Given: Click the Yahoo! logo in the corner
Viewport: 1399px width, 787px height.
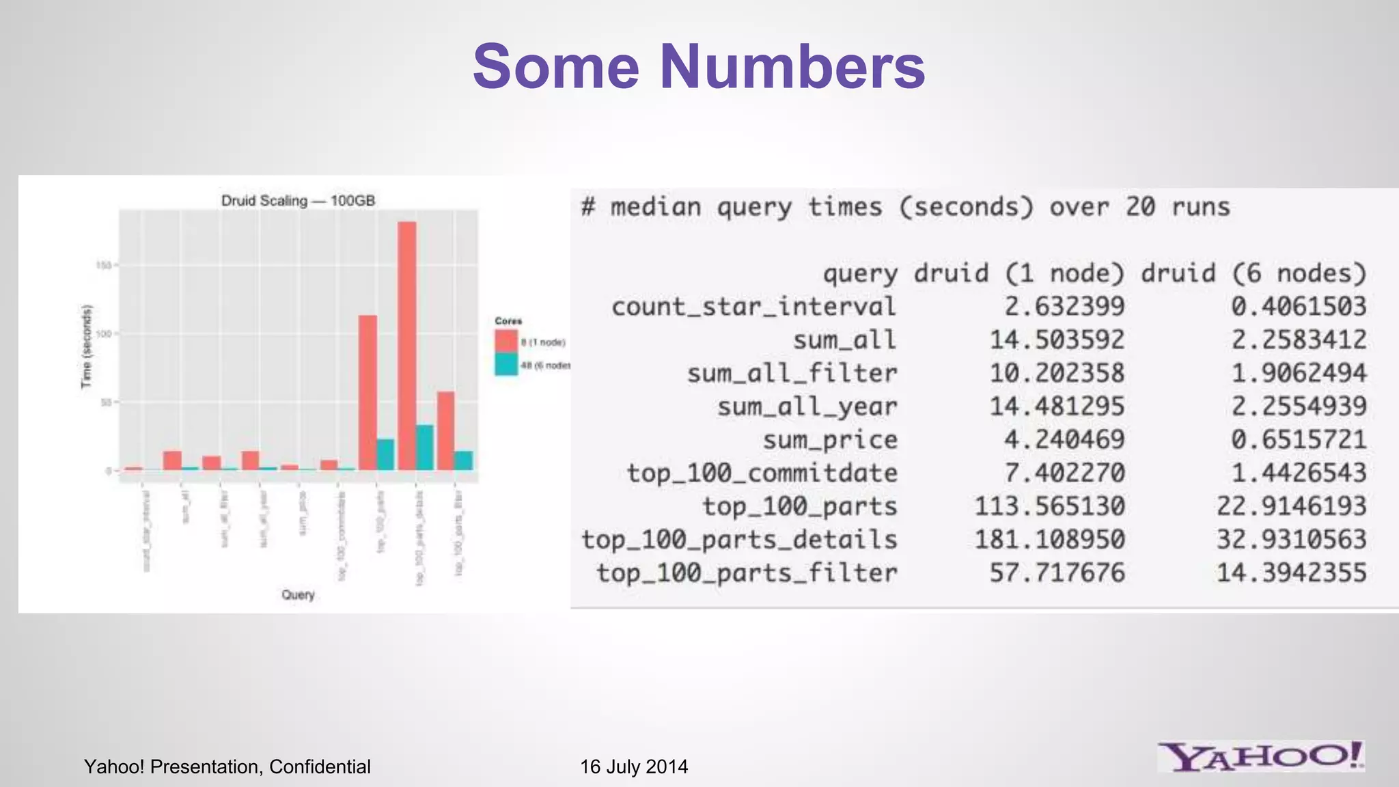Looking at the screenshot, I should [1260, 756].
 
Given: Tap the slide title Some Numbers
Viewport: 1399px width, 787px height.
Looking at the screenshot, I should [699, 66].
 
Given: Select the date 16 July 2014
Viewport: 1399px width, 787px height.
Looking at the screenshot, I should [634, 767].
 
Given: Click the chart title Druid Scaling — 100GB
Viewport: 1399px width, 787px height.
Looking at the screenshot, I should [298, 201].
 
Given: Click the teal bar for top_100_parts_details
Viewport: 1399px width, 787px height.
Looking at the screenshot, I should [425, 447].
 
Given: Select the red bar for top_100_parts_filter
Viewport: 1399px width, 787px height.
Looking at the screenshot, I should [446, 430].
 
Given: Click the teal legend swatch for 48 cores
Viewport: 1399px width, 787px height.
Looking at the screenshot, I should [506, 365].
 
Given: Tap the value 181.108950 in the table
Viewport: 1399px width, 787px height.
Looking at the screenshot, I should [1049, 540].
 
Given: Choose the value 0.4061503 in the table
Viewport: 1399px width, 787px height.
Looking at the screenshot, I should [1299, 307].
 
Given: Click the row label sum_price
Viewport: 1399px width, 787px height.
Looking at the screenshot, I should [830, 440].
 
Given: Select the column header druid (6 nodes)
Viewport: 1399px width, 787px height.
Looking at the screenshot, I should [1253, 273].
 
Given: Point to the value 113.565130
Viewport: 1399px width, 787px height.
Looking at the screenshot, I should [1049, 506].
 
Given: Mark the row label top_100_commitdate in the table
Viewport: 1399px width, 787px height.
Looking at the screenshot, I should [762, 473].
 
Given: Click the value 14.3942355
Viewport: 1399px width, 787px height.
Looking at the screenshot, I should [1291, 572].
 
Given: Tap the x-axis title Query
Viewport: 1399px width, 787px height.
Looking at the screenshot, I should [298, 594].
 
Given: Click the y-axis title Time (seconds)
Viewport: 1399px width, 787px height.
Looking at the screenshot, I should [86, 346].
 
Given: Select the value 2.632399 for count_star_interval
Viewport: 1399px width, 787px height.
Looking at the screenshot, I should [1064, 307].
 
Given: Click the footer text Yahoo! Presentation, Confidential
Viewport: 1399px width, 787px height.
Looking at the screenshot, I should [227, 767].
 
